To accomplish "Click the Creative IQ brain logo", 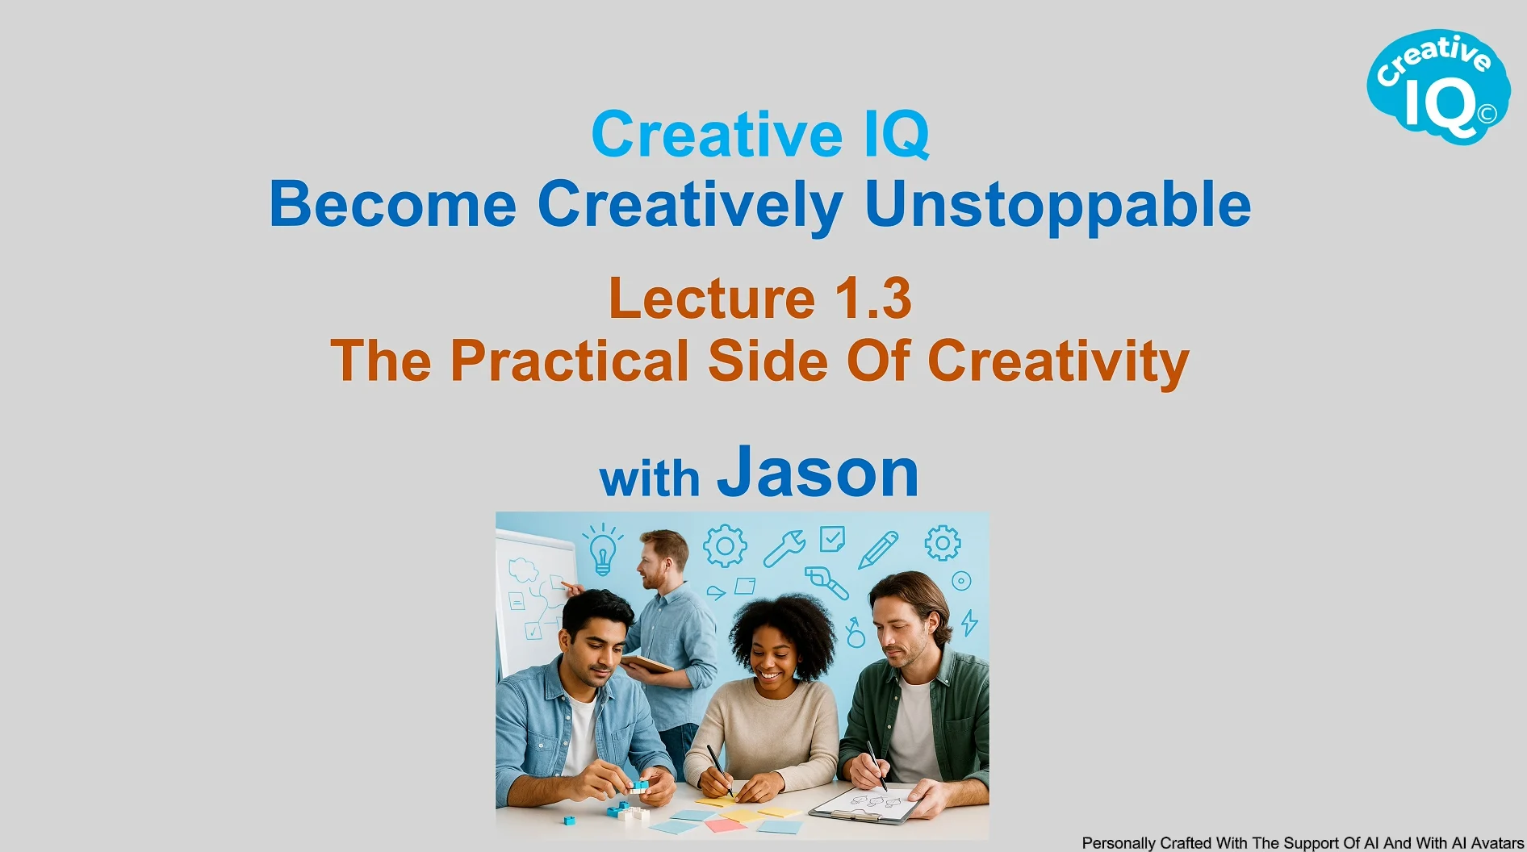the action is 1438,87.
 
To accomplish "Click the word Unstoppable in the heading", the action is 1057,205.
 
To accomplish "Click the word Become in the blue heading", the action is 392,204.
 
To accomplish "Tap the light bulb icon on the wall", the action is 603,549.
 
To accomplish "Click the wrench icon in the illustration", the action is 784,549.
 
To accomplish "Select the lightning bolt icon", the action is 969,622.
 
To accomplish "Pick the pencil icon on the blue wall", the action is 878,550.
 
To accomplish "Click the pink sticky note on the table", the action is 726,825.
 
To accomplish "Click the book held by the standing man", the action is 646,663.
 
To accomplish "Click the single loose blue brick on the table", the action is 569,820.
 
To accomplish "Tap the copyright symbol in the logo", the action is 1487,114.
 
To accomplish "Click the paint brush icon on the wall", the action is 826,583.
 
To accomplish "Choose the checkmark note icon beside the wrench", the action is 832,538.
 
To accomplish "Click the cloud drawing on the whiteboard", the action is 523,570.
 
